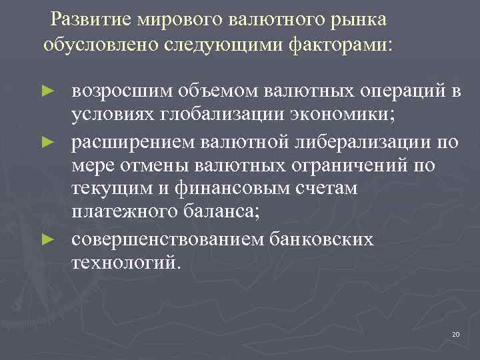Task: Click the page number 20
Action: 456,333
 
